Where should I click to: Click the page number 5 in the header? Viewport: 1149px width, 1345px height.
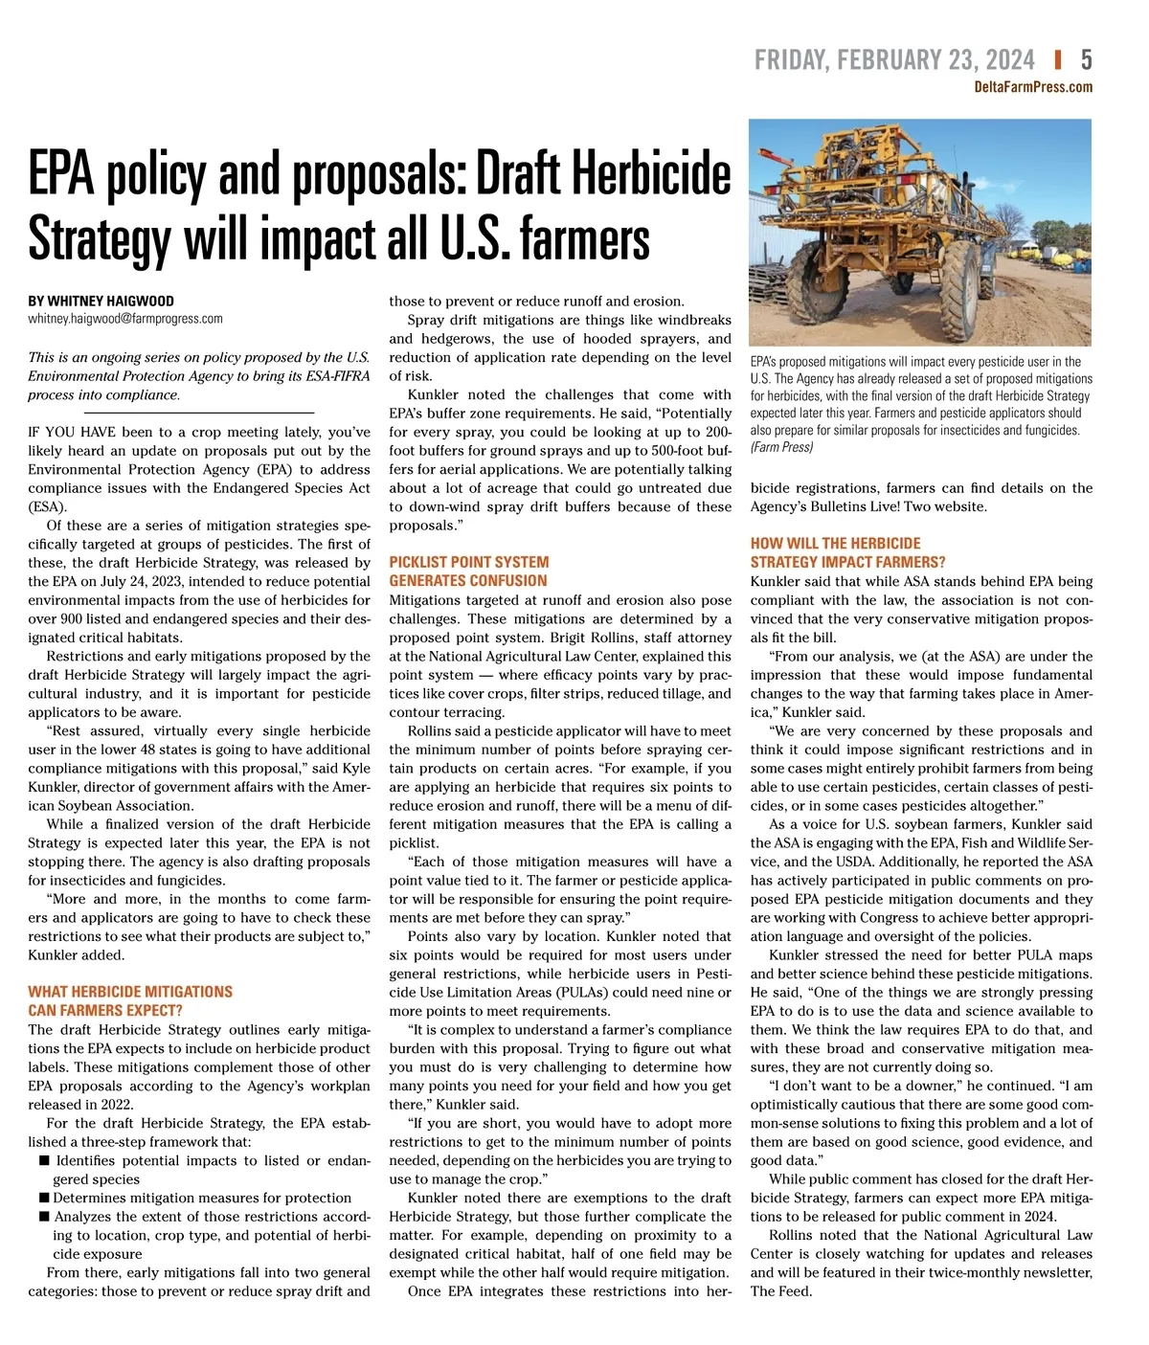click(x=1086, y=60)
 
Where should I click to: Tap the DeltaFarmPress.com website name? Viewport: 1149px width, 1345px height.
click(x=1032, y=87)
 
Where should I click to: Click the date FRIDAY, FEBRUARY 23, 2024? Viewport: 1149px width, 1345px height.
click(x=894, y=60)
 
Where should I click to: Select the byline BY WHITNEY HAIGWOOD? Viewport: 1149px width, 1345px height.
click(x=101, y=301)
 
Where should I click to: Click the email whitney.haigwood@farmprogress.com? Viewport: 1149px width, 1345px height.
click(x=124, y=319)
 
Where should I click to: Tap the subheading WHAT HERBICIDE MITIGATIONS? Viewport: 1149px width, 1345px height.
click(x=130, y=992)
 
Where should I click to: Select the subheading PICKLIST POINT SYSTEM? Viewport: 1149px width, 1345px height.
click(x=468, y=562)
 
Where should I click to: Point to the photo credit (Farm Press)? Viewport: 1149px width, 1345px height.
click(x=781, y=447)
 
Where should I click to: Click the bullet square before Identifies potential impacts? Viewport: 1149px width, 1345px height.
click(x=44, y=1161)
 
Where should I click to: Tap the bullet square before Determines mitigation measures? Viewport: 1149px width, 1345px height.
click(x=44, y=1199)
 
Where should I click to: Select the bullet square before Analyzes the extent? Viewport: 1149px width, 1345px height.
click(x=44, y=1217)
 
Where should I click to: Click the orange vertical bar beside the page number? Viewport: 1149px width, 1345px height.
click(x=1058, y=60)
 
